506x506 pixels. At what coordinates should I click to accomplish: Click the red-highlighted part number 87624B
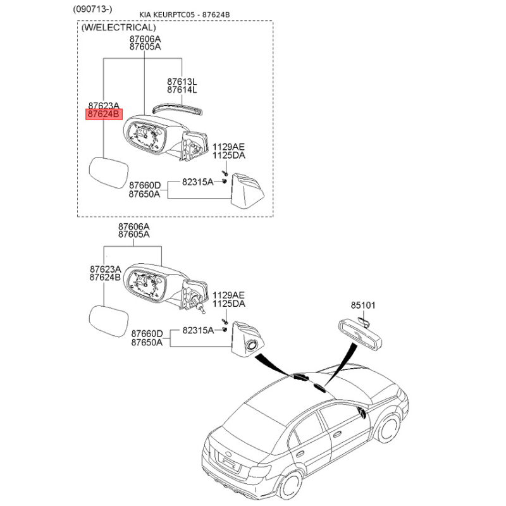104,114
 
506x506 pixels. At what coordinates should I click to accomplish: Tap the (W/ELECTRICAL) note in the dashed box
118,27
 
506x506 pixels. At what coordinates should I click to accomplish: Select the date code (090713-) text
92,9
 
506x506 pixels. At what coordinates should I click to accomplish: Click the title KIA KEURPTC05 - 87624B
185,15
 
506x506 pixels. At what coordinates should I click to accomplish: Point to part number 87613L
182,82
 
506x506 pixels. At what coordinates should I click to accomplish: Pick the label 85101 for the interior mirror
363,305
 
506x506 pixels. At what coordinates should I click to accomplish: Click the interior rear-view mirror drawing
360,334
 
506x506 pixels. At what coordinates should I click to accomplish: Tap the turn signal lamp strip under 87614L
178,109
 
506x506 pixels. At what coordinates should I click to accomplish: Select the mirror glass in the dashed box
108,172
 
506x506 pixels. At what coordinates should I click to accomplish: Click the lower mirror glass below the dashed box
108,321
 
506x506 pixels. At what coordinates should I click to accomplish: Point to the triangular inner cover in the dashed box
247,191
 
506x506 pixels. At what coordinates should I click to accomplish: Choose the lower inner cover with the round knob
248,340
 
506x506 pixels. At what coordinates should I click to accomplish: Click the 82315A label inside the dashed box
197,182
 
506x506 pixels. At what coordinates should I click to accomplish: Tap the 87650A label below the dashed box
147,342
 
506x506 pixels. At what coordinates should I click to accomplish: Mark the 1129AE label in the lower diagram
228,295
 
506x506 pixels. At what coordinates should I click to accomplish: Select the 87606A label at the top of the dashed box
145,39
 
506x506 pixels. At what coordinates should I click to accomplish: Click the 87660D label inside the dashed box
145,185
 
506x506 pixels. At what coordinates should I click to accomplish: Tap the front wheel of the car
388,429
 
